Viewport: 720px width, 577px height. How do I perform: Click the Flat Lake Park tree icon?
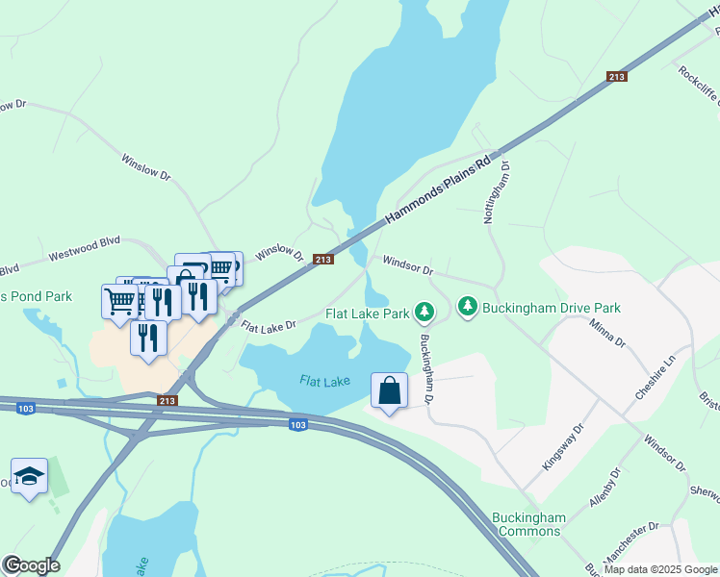click(x=424, y=312)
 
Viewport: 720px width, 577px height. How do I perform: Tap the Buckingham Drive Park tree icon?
click(x=467, y=307)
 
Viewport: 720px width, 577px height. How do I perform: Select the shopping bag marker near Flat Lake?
click(x=389, y=392)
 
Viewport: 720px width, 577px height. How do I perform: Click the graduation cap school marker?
click(x=30, y=477)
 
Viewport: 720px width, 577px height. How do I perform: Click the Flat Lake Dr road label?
click(x=268, y=328)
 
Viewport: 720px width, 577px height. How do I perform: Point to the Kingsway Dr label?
click(x=563, y=446)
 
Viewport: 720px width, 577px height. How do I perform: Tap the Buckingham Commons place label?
click(x=528, y=524)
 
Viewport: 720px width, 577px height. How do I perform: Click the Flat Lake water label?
click(x=323, y=381)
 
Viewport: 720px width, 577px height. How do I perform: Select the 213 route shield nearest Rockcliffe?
click(x=617, y=76)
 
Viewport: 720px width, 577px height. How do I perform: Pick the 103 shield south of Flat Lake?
click(x=298, y=424)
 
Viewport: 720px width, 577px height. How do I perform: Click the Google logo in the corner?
click(x=31, y=565)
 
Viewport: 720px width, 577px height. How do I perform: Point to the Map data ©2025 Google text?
click(x=659, y=569)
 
